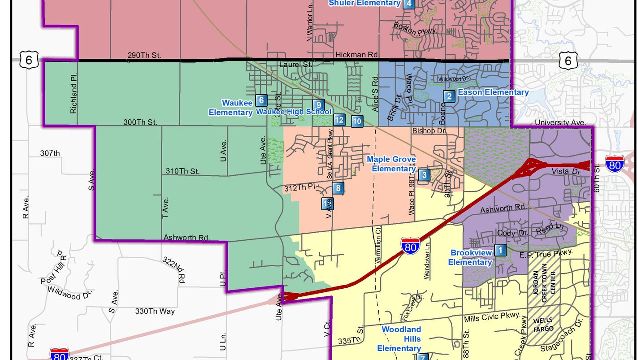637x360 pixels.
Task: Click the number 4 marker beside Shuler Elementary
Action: point(408,4)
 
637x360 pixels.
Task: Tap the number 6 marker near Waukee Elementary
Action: point(260,100)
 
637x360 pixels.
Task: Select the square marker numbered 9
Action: point(318,104)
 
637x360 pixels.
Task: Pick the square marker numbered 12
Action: point(339,120)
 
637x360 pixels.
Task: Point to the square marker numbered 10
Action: point(357,121)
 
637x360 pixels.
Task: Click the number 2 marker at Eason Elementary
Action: point(448,96)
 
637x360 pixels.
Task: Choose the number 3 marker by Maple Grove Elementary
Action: point(424,175)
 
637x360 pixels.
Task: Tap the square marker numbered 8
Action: point(338,188)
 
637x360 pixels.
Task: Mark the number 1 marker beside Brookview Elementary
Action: point(500,250)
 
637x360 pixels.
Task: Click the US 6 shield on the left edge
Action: point(28,61)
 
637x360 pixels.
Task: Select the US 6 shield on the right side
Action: point(568,61)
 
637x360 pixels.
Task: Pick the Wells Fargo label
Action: point(543,325)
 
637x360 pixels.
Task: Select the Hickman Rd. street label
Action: point(356,55)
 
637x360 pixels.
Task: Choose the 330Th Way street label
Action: point(155,311)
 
